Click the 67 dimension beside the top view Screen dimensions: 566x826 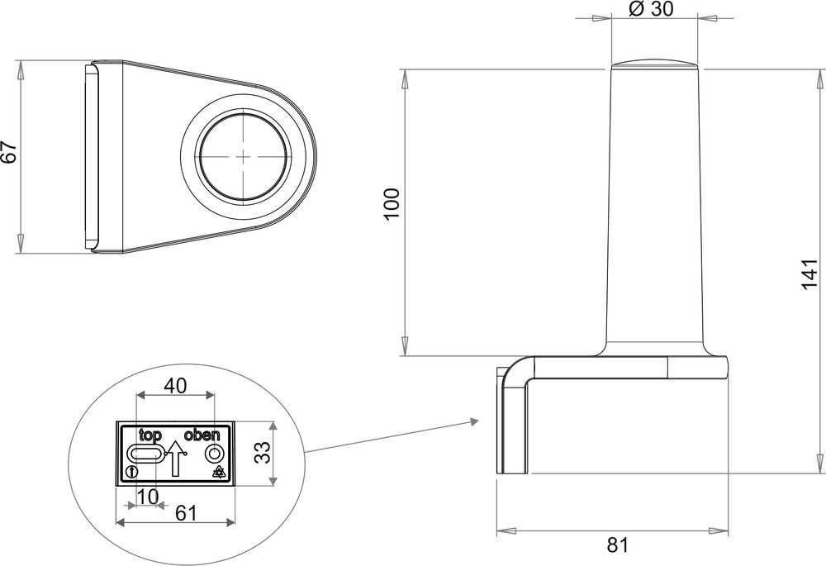(8, 155)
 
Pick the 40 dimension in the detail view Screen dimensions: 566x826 (175, 386)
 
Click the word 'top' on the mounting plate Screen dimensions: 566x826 (150, 435)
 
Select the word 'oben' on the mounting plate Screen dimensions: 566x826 (202, 435)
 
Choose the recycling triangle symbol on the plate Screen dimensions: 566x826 (219, 472)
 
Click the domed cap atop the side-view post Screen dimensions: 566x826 (653, 65)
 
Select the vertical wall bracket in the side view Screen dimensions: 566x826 (513, 421)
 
